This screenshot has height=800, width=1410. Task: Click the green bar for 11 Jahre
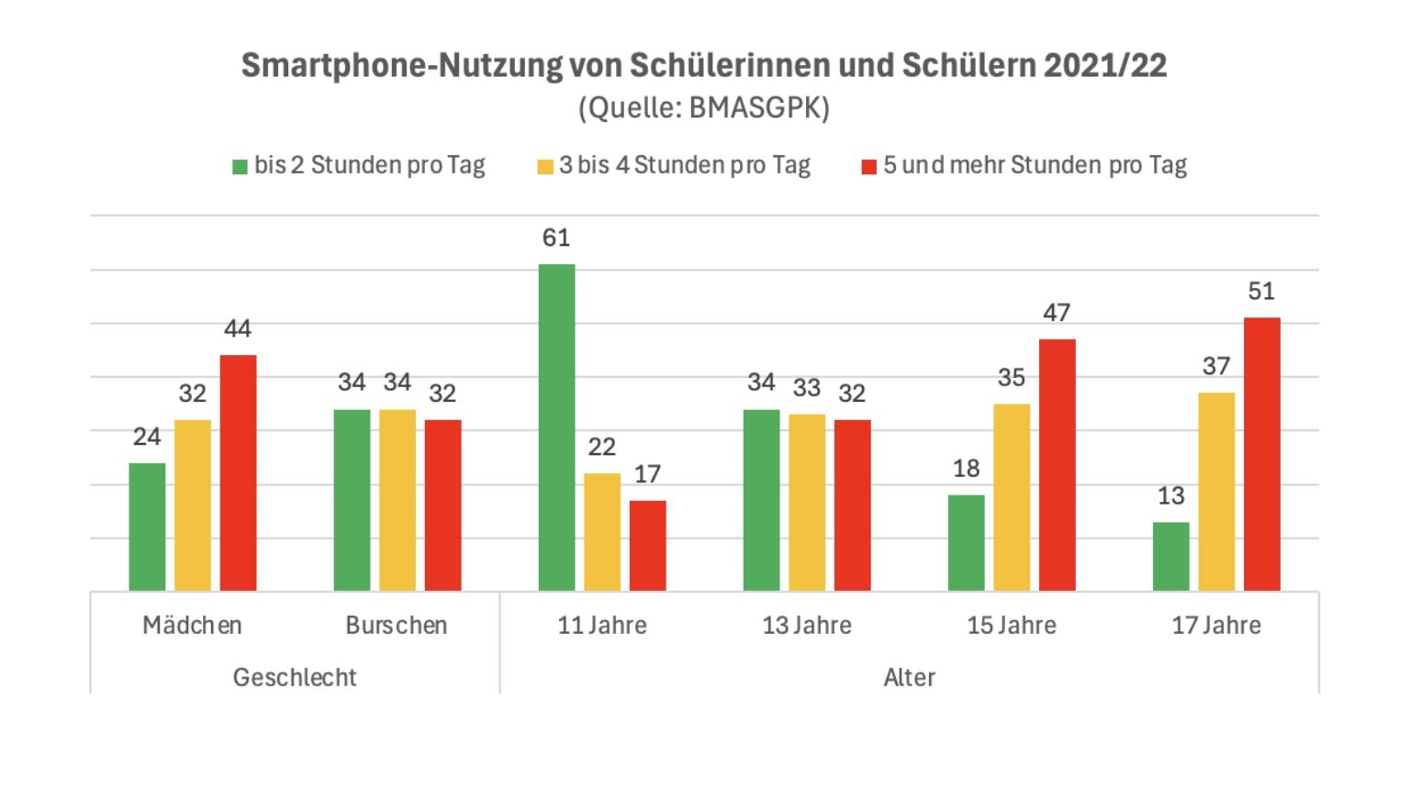click(556, 428)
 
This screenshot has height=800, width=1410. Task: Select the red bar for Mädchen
click(238, 472)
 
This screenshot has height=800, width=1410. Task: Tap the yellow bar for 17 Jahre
click(1216, 492)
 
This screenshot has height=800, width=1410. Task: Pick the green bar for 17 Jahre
click(1170, 557)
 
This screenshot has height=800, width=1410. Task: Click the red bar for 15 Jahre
click(1057, 465)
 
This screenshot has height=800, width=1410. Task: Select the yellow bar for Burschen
click(397, 500)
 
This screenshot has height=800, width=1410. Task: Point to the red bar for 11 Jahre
click(647, 546)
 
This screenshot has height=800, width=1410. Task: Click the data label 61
click(556, 238)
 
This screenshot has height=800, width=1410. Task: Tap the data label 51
click(1261, 291)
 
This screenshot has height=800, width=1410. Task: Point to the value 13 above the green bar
click(1170, 495)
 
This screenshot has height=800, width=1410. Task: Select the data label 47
click(1057, 313)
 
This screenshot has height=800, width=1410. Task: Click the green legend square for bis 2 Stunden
click(241, 167)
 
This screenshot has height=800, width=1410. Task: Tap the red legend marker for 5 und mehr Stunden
click(869, 167)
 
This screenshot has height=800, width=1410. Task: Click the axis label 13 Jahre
click(806, 626)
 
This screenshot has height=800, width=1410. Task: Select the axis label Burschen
click(397, 626)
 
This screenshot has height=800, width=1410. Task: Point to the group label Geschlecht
click(295, 677)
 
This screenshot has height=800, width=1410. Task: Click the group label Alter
click(909, 677)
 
